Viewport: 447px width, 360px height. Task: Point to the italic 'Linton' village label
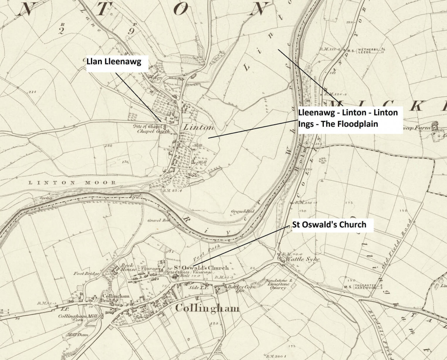point(198,127)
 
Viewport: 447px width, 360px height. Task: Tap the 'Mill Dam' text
point(73,334)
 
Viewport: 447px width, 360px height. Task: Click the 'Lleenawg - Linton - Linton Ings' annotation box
point(348,118)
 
